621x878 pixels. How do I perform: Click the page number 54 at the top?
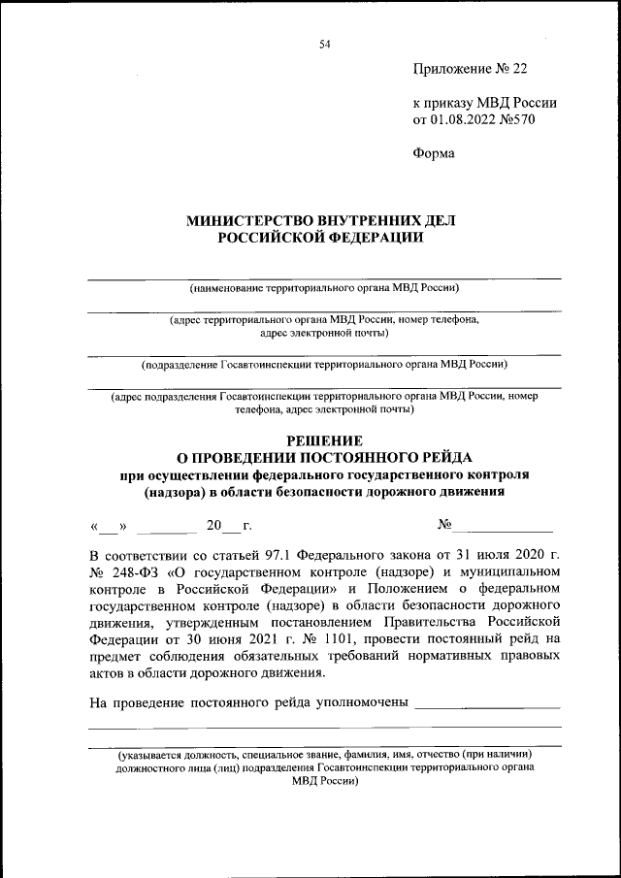coord(324,44)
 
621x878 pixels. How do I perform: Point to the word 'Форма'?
coord(434,152)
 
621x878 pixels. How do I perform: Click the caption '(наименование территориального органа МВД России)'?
coord(324,288)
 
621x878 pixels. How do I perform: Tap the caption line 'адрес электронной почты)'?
coord(325,333)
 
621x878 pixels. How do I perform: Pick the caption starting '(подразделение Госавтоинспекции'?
coord(324,365)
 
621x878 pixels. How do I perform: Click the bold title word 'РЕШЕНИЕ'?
coord(324,439)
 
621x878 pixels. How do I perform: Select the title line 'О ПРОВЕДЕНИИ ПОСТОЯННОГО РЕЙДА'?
coord(324,456)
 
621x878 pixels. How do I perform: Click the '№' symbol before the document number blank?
coord(445,525)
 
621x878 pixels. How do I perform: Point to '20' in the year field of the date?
coord(214,526)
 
